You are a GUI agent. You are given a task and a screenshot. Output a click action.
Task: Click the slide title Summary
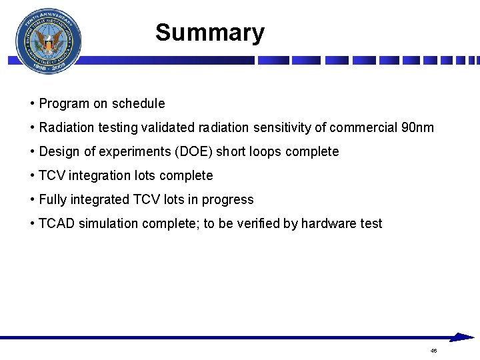[x=209, y=33]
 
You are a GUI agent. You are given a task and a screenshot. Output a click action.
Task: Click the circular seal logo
[x=49, y=41]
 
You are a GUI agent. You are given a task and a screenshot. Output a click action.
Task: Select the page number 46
[x=433, y=351]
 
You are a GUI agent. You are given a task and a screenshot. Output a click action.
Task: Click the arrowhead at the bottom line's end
[x=461, y=337]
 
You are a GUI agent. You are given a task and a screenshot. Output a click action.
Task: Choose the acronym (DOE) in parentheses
[x=193, y=151]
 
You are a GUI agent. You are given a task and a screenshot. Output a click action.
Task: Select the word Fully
[x=52, y=199]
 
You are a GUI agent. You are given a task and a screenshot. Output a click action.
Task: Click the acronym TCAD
[x=57, y=223]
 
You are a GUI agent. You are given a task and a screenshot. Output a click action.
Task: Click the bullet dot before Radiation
[x=33, y=127]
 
